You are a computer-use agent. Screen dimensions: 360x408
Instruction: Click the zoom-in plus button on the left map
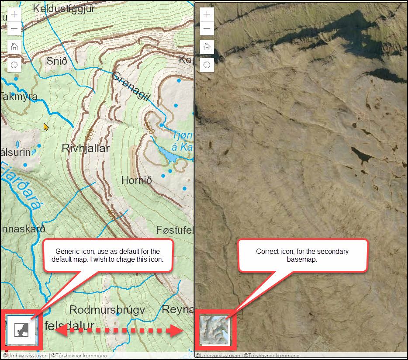coord(14,14)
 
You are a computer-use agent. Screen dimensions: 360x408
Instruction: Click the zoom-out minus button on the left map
coord(14,29)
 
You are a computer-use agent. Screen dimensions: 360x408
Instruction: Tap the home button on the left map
coord(14,47)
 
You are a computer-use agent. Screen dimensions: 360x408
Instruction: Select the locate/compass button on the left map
coord(14,65)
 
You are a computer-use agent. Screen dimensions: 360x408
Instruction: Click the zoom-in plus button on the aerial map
coord(207,14)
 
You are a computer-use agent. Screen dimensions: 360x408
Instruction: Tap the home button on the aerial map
coord(207,47)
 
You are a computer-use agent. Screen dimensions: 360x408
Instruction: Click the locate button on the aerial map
coord(207,65)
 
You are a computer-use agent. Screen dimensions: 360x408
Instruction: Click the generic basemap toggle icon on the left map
coord(21,329)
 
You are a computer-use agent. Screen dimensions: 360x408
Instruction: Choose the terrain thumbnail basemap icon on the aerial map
coord(214,330)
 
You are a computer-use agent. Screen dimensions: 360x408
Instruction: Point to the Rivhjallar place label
coord(86,148)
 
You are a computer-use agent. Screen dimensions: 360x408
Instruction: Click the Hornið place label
coord(136,180)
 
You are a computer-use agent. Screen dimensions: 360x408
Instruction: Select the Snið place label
coord(57,61)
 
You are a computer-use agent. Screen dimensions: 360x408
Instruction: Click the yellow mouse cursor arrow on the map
coord(46,127)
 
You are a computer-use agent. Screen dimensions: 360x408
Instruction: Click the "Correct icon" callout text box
coord(302,255)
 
